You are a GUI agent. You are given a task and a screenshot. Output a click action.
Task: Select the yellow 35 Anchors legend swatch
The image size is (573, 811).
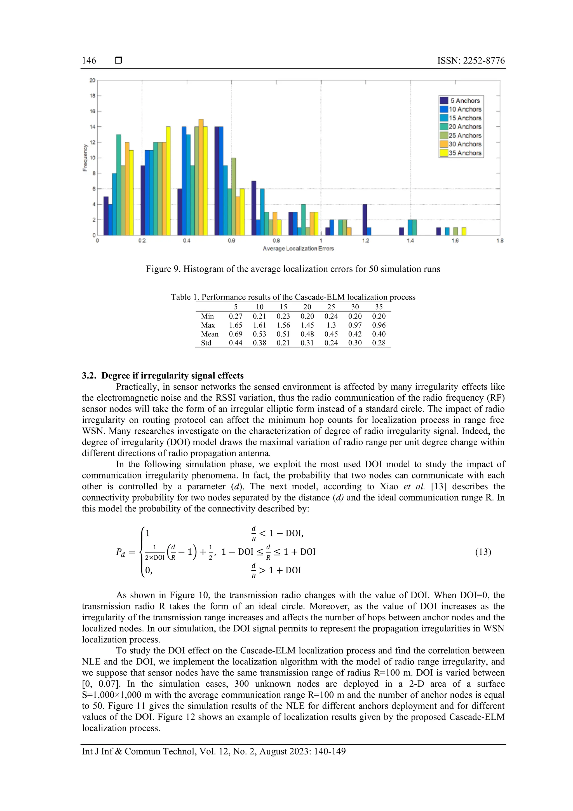(444, 153)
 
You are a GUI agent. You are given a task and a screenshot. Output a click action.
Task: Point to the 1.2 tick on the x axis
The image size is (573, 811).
(365, 240)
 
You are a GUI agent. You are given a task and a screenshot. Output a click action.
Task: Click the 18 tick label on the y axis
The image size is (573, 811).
(93, 96)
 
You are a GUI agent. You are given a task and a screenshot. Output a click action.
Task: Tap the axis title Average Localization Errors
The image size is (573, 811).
(298, 249)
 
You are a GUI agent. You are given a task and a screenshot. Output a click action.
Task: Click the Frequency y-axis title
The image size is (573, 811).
(85, 158)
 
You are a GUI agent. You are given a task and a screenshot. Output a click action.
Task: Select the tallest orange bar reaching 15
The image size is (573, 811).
(201, 177)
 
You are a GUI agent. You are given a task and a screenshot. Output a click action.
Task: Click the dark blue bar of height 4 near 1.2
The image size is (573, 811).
(365, 220)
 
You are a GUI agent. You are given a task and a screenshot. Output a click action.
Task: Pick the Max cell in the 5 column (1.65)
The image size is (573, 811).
(236, 325)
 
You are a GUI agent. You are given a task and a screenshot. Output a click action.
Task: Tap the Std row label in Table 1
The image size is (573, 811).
(206, 343)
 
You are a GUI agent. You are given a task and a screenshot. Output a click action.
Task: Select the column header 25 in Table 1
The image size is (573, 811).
(331, 307)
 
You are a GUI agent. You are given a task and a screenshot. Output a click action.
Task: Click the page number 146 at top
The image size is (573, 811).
(89, 61)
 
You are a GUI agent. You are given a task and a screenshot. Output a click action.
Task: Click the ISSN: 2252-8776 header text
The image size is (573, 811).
(471, 61)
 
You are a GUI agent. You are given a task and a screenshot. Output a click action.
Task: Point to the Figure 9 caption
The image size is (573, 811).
(293, 269)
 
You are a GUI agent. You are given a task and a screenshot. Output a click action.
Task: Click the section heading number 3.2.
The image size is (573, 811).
(89, 375)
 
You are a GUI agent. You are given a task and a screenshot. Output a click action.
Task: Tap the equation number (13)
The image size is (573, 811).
(483, 552)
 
